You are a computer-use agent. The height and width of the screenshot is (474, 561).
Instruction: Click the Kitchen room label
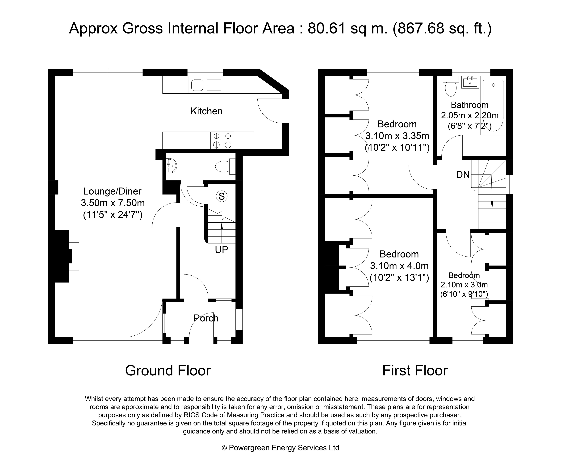206,111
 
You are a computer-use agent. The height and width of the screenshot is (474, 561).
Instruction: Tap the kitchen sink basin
197,85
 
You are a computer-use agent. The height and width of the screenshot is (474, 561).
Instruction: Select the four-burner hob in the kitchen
222,140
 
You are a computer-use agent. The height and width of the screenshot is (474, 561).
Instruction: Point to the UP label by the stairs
222,250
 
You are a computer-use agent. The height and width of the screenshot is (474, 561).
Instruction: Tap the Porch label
206,318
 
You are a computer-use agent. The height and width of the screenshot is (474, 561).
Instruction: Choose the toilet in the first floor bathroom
451,86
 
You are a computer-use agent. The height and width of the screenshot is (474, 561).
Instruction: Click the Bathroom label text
470,105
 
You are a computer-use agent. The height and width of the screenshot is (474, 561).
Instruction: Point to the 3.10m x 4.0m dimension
399,266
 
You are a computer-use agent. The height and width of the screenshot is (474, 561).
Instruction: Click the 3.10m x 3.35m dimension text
397,136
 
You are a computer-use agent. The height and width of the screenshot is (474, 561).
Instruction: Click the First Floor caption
415,370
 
